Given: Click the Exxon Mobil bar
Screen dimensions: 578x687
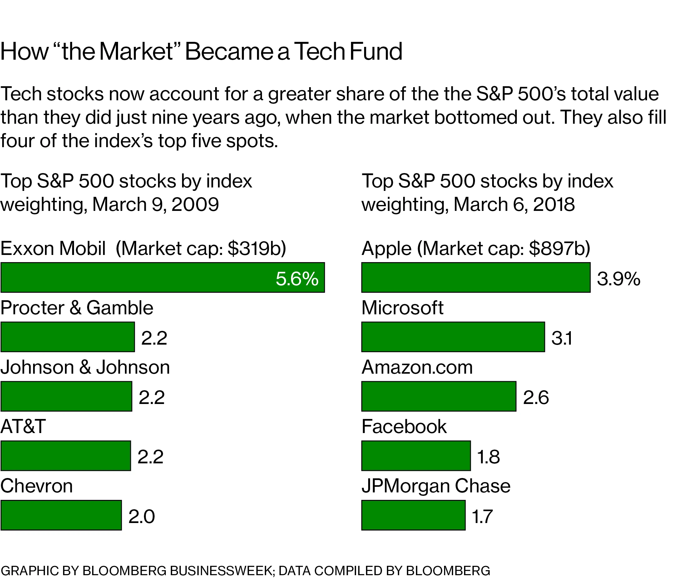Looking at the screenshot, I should point(162,277).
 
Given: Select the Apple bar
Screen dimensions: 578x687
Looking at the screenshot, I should point(476,277).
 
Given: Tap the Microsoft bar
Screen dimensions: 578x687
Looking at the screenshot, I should point(453,337).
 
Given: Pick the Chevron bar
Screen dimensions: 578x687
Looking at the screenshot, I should point(61,515).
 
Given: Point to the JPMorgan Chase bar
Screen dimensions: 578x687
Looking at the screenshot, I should point(413,515).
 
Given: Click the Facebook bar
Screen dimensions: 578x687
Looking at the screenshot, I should point(416,456).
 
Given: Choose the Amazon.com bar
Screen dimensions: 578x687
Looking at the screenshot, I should point(438,396).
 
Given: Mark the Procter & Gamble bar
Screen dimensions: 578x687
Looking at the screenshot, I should point(68,337).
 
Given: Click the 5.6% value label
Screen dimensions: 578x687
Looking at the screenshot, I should point(297,279).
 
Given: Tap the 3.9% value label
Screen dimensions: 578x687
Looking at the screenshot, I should point(618,279).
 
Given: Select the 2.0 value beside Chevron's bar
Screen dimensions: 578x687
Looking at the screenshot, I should point(141,516).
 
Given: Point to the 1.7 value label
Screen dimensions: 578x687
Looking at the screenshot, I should point(482,516).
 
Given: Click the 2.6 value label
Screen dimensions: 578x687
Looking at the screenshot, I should point(536,397).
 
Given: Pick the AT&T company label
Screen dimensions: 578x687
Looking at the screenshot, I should point(23,426).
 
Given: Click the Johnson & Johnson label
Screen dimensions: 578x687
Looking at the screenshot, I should point(85,367).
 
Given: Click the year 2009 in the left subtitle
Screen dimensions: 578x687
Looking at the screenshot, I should point(195,204).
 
